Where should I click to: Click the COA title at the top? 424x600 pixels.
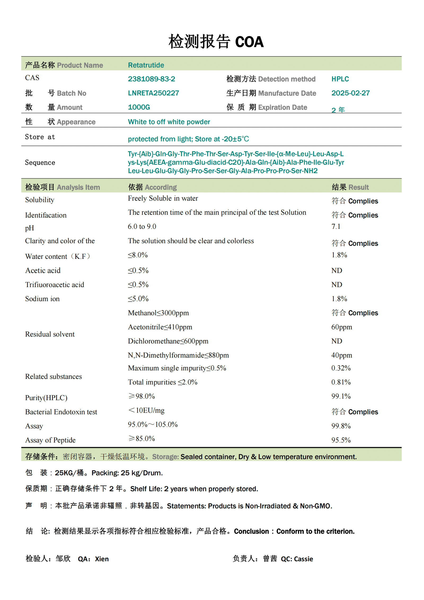click(216, 42)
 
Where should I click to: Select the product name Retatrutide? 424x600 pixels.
click(146, 65)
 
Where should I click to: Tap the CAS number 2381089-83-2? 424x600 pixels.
click(151, 79)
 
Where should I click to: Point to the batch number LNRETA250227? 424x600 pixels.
click(153, 93)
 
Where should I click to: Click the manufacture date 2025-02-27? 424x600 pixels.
click(350, 93)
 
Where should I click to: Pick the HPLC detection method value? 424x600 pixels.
click(340, 79)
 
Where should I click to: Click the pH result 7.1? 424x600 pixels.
click(336, 226)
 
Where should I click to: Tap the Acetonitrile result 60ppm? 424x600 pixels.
click(342, 327)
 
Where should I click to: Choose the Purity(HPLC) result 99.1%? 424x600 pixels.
click(341, 396)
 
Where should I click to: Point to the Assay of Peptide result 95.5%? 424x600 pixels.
click(341, 440)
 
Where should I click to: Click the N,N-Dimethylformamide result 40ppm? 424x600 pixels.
click(342, 355)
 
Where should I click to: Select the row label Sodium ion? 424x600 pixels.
click(42, 299)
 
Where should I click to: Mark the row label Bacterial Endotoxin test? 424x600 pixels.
click(61, 411)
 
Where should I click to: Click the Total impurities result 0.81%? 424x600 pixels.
click(341, 382)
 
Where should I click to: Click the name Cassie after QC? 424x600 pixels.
click(303, 559)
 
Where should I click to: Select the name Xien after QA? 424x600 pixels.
click(102, 559)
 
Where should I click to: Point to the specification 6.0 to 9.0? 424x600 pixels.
click(142, 226)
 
